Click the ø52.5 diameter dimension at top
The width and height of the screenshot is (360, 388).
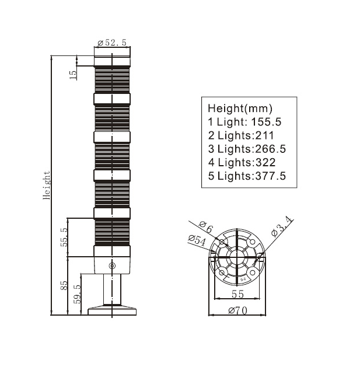(x=112, y=43)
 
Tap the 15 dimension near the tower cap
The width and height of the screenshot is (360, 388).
(x=72, y=75)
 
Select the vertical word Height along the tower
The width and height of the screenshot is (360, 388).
(x=47, y=186)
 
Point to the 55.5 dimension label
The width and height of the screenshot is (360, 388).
(x=64, y=237)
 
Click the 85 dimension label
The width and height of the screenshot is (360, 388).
(x=64, y=286)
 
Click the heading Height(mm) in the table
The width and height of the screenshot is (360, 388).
(x=239, y=109)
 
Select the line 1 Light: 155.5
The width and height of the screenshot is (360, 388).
(x=244, y=123)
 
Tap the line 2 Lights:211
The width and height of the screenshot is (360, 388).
(x=241, y=136)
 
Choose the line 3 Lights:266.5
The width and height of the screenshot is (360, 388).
(x=247, y=149)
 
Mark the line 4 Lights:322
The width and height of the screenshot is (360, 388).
(x=242, y=163)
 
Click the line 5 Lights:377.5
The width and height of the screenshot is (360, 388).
(x=247, y=176)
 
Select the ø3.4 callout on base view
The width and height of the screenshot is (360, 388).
(x=284, y=227)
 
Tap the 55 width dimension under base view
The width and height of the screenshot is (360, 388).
(x=237, y=295)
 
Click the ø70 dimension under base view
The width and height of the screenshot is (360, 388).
(x=237, y=310)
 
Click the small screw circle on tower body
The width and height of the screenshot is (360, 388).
(x=112, y=266)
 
